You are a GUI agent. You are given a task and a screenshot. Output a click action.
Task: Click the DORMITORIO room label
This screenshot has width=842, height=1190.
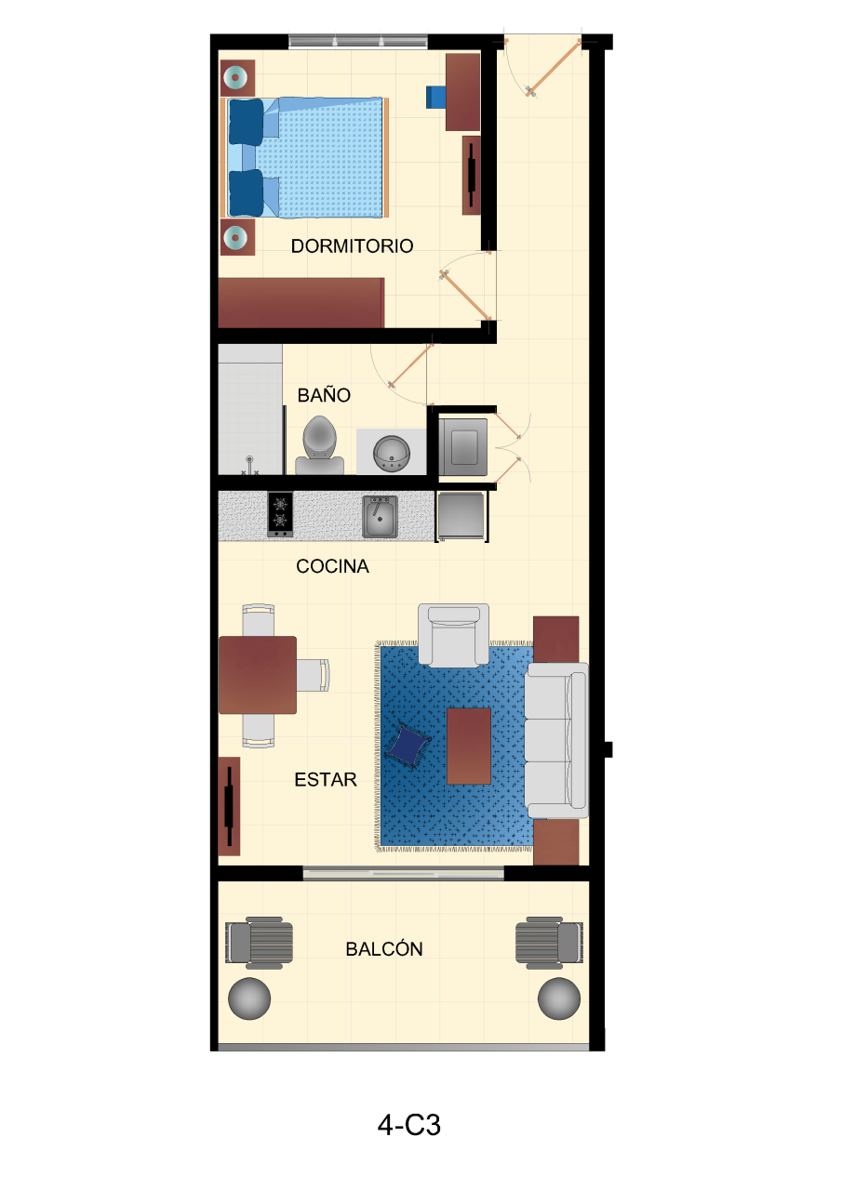[352, 246]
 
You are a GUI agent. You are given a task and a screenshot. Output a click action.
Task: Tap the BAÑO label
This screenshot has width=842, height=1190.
[324, 395]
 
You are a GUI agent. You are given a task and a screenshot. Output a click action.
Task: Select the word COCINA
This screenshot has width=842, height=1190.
[332, 566]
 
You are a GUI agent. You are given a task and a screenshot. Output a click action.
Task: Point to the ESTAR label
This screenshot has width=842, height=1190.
[326, 780]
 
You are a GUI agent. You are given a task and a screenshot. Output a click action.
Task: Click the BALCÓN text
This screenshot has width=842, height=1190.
[384, 949]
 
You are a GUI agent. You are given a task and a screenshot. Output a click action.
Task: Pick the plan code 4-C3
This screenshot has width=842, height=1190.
[409, 1126]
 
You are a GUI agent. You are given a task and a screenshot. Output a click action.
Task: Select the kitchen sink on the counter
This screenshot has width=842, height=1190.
[381, 516]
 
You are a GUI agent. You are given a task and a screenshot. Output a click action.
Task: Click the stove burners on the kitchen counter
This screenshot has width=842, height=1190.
[280, 515]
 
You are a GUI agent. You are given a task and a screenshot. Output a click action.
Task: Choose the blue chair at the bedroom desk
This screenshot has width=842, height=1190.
[435, 97]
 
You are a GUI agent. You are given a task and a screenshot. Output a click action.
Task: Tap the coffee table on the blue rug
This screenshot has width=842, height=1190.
[468, 746]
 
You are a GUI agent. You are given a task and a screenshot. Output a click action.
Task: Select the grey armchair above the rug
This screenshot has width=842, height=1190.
[453, 635]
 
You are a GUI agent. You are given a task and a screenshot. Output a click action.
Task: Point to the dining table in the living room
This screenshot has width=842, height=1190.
[258, 675]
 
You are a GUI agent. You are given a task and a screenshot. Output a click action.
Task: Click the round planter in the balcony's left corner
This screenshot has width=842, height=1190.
[249, 998]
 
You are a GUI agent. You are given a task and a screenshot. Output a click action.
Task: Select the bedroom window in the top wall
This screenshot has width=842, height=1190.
[358, 41]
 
